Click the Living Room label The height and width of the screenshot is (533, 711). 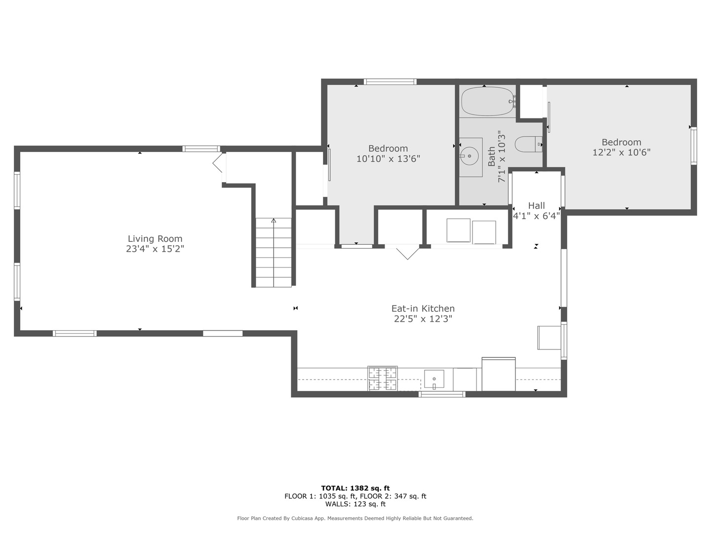(x=155, y=239)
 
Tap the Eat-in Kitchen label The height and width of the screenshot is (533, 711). (x=423, y=308)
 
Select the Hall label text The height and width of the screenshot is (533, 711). (x=536, y=205)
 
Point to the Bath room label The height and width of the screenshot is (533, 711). (x=492, y=156)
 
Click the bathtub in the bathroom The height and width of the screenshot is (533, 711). (x=488, y=101)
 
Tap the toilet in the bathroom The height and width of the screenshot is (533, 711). (x=528, y=144)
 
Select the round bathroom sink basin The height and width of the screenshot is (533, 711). (x=469, y=156)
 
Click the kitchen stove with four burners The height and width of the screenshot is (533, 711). (x=382, y=379)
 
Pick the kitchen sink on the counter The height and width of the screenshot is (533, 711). (x=434, y=380)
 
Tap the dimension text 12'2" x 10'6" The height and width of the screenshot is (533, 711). (x=621, y=152)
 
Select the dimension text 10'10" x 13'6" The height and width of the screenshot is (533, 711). (x=388, y=158)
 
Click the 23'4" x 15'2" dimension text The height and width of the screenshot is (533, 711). (x=155, y=249)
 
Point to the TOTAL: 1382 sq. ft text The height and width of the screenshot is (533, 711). (x=355, y=488)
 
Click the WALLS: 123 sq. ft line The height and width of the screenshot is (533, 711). (x=355, y=504)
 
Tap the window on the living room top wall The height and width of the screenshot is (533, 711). (x=201, y=149)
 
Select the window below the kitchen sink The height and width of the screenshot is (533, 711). (x=442, y=394)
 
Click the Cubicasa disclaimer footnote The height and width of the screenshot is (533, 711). (x=355, y=518)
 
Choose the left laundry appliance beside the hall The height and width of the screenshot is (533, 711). (x=458, y=230)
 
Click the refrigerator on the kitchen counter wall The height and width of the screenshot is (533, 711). (x=499, y=374)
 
